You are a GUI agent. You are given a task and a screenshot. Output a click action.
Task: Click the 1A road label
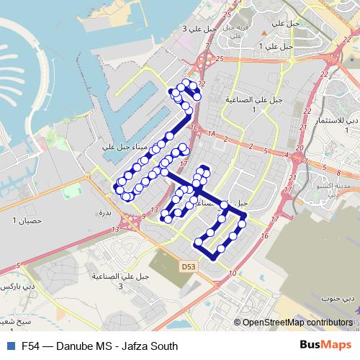click(x=212, y=134)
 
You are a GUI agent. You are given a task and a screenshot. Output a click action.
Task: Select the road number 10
click(x=232, y=274)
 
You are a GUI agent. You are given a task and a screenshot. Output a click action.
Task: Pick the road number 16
click(x=265, y=236)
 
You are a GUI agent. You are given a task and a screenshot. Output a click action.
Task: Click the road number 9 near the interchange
click(x=144, y=215)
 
